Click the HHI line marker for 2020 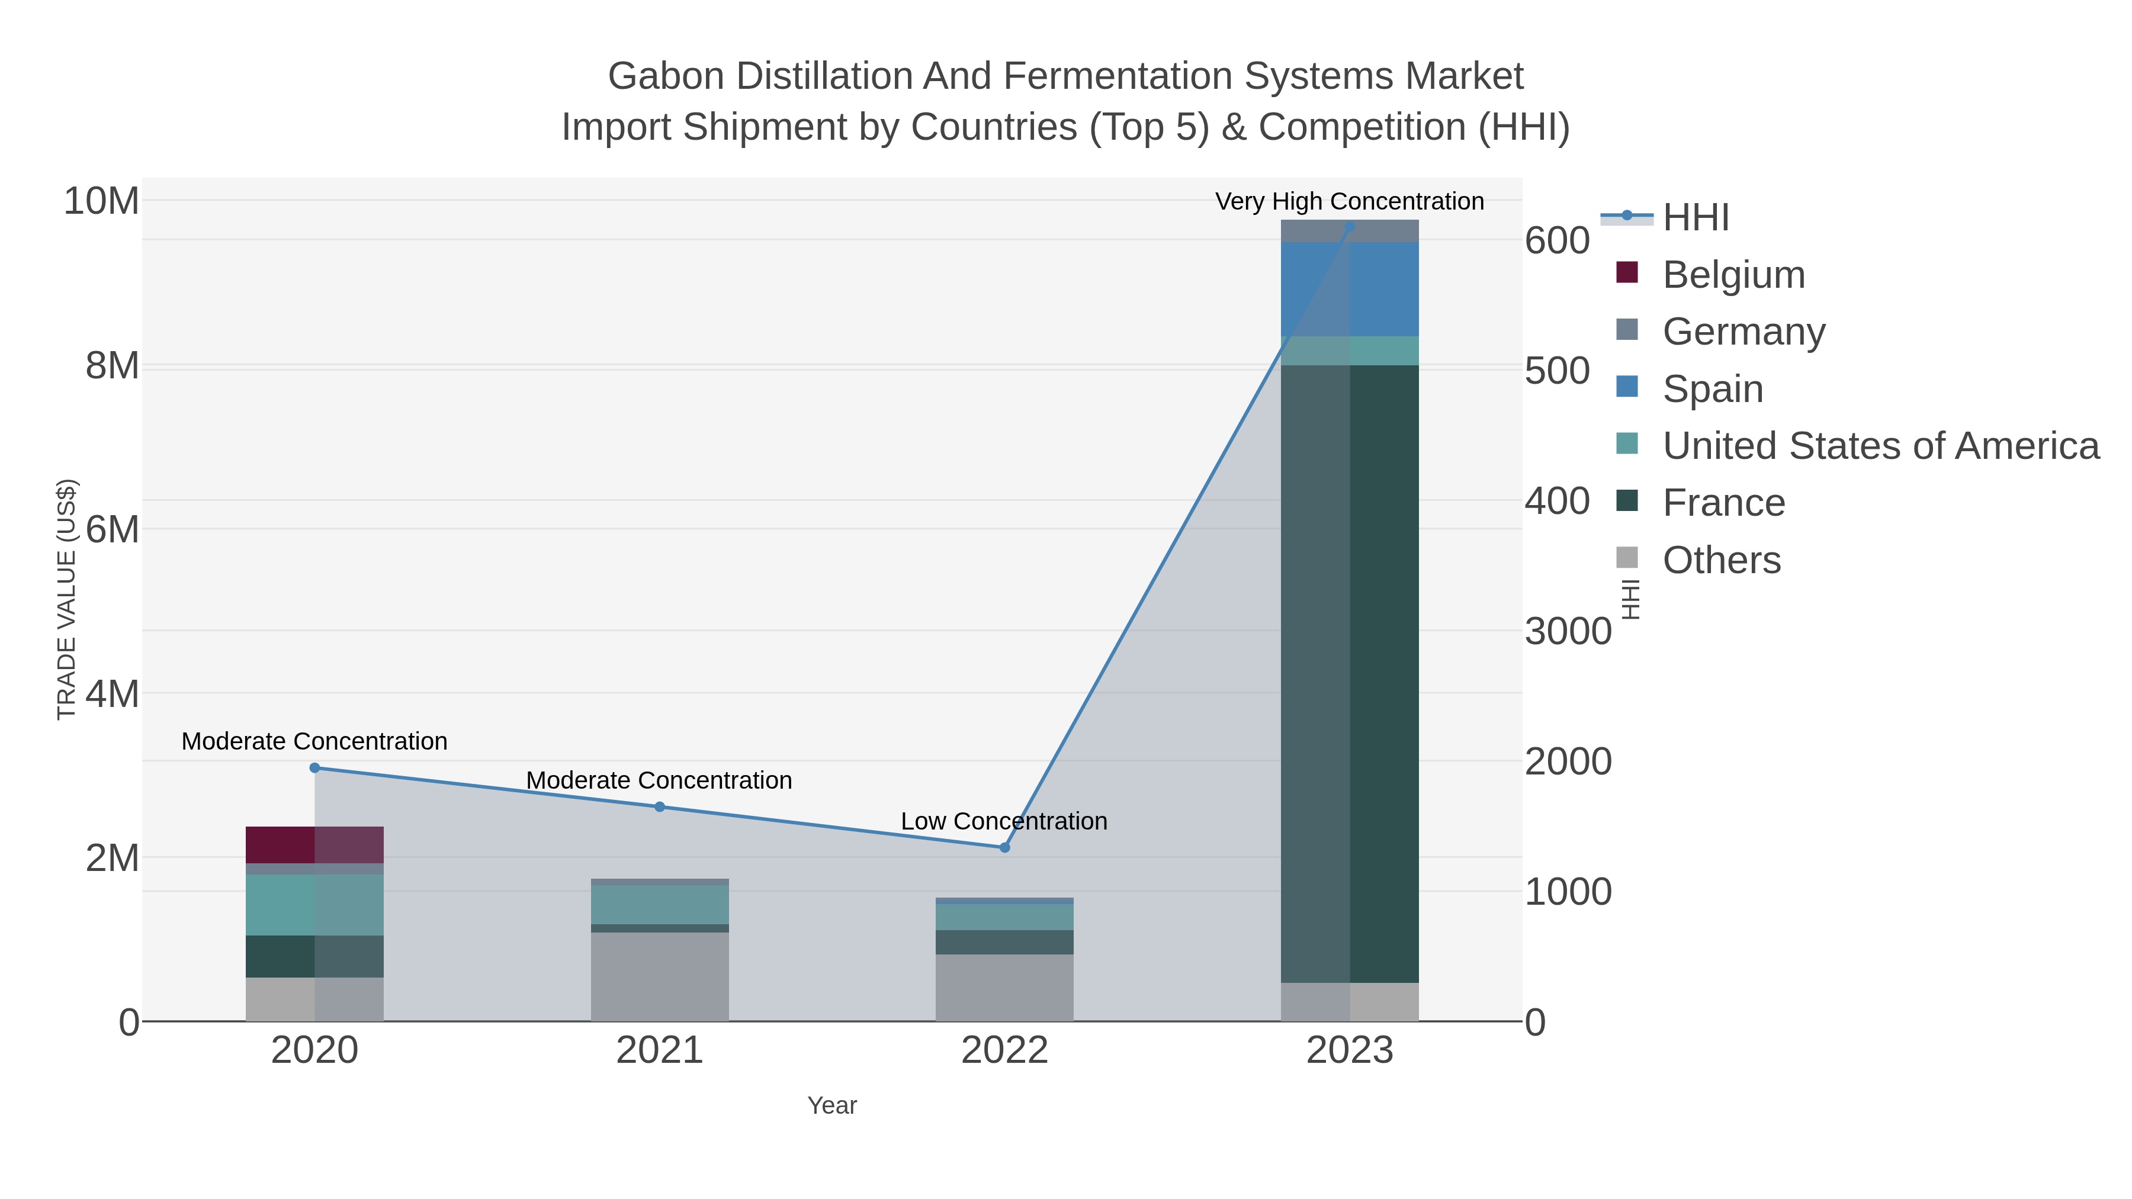click(314, 768)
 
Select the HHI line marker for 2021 click(660, 807)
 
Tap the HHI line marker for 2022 click(1005, 847)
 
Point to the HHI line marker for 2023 click(1350, 226)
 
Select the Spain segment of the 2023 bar click(1350, 290)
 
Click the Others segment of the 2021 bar click(660, 976)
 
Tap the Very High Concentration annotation click(1349, 201)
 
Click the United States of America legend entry click(1880, 446)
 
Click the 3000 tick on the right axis click(1568, 631)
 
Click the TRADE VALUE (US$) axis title click(66, 599)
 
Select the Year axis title click(832, 1105)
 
